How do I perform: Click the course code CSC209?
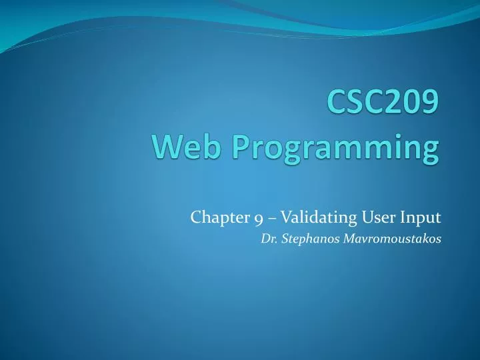(x=383, y=104)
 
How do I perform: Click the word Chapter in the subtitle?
(x=215, y=217)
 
